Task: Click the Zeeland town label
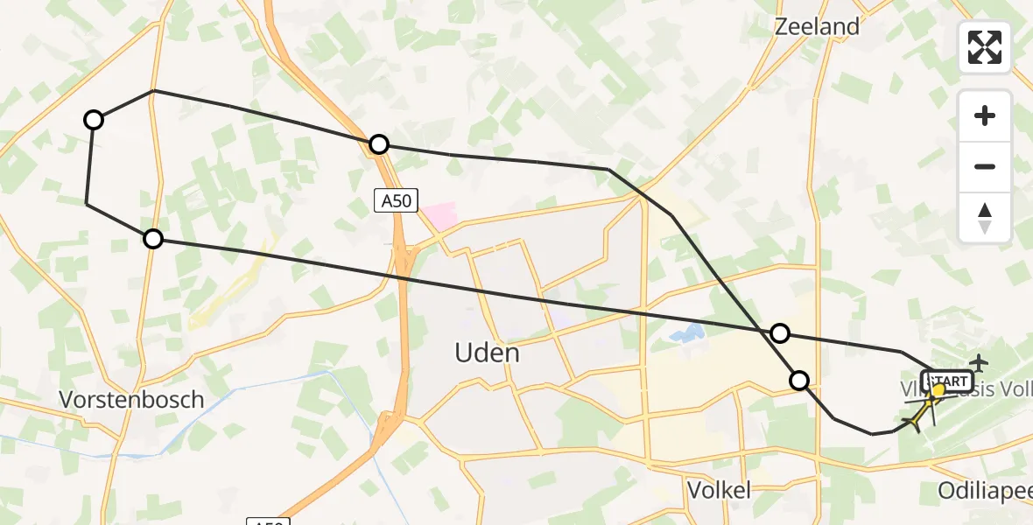coord(817,26)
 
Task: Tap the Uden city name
coord(487,353)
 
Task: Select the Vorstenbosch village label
coord(131,400)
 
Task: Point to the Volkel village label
coord(719,490)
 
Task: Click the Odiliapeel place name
coord(984,491)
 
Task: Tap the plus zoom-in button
coord(985,115)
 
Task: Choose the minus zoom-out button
coord(985,166)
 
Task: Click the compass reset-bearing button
coord(985,217)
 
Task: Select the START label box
coord(947,381)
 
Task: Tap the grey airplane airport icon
coord(978,361)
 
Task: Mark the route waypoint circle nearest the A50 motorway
coord(378,144)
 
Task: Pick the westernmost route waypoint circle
coord(94,120)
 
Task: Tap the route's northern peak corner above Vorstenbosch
coord(153,90)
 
